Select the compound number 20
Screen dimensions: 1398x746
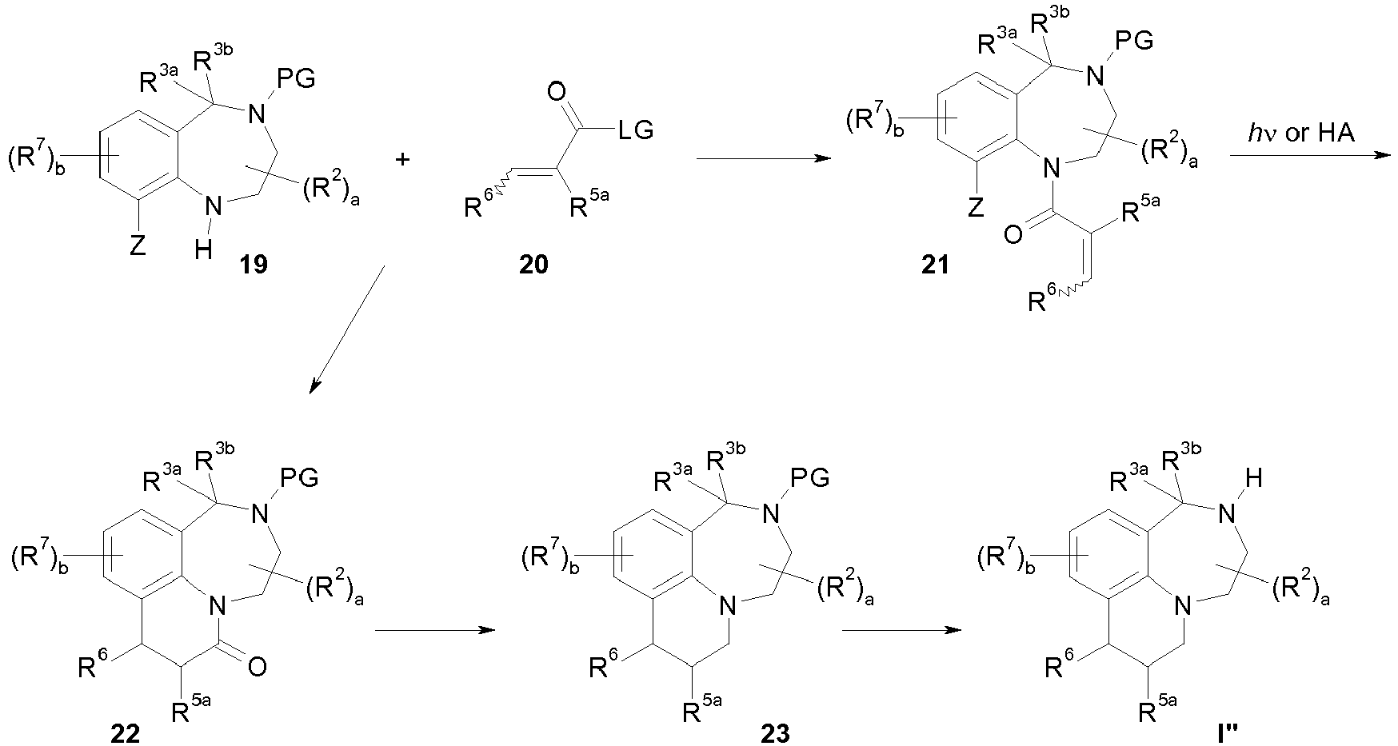533,265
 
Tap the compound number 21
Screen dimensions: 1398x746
934,265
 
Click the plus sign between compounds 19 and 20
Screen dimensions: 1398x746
403,159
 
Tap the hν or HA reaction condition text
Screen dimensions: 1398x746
1301,132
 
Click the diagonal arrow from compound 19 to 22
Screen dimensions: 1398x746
346,330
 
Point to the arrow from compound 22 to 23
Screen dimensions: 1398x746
434,630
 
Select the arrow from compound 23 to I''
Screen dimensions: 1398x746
901,630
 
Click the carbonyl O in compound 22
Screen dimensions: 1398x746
257,668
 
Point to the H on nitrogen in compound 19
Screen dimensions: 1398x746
204,250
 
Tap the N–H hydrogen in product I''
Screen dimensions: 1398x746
1254,479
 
